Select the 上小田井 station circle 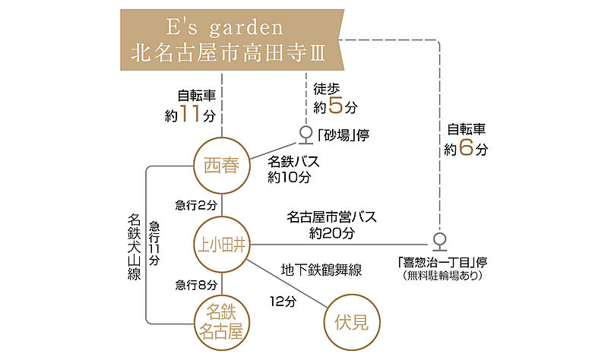click(x=222, y=245)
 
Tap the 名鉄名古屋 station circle click(x=222, y=322)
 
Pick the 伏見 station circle click(x=351, y=322)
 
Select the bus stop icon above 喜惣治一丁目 click(x=439, y=242)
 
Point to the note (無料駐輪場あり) click(x=442, y=276)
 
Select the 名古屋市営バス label click(x=332, y=218)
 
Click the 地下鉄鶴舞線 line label click(x=320, y=270)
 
